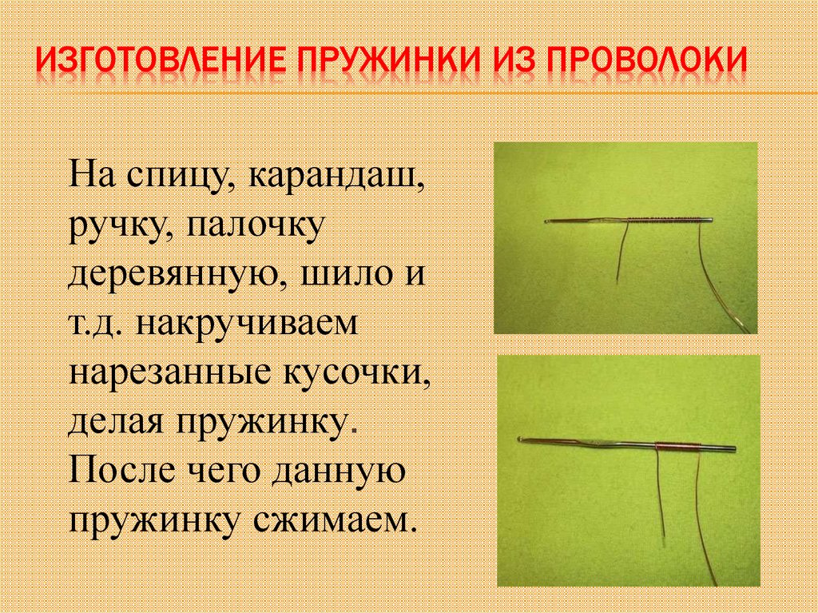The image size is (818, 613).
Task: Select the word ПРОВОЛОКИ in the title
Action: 655,62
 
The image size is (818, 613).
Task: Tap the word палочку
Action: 256,225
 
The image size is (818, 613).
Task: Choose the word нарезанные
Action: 167,375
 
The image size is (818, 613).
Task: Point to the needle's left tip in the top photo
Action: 545,221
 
